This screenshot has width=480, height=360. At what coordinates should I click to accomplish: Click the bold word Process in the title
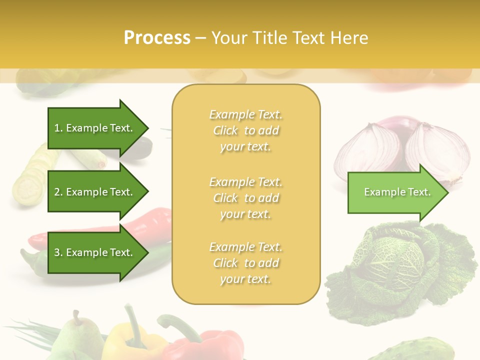point(157,37)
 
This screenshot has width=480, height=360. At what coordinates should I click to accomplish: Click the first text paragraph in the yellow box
point(245,130)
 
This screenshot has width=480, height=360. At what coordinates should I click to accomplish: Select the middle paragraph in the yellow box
point(245,197)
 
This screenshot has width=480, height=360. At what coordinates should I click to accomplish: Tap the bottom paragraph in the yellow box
point(245,263)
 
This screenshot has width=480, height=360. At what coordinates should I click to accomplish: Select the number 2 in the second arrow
point(56,192)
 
